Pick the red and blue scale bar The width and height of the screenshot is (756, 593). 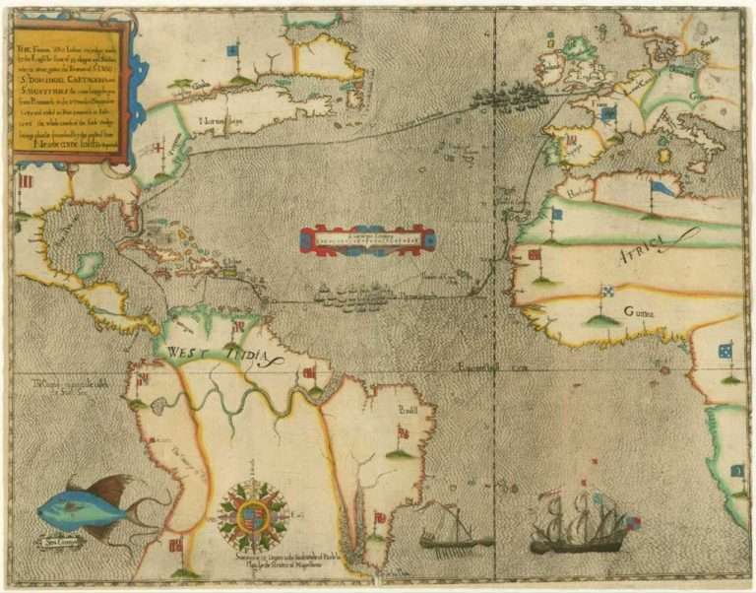pyautogui.click(x=366, y=240)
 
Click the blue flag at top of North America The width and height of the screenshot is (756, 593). pyautogui.click(x=232, y=49)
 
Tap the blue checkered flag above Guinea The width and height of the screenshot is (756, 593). pyautogui.click(x=607, y=292)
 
